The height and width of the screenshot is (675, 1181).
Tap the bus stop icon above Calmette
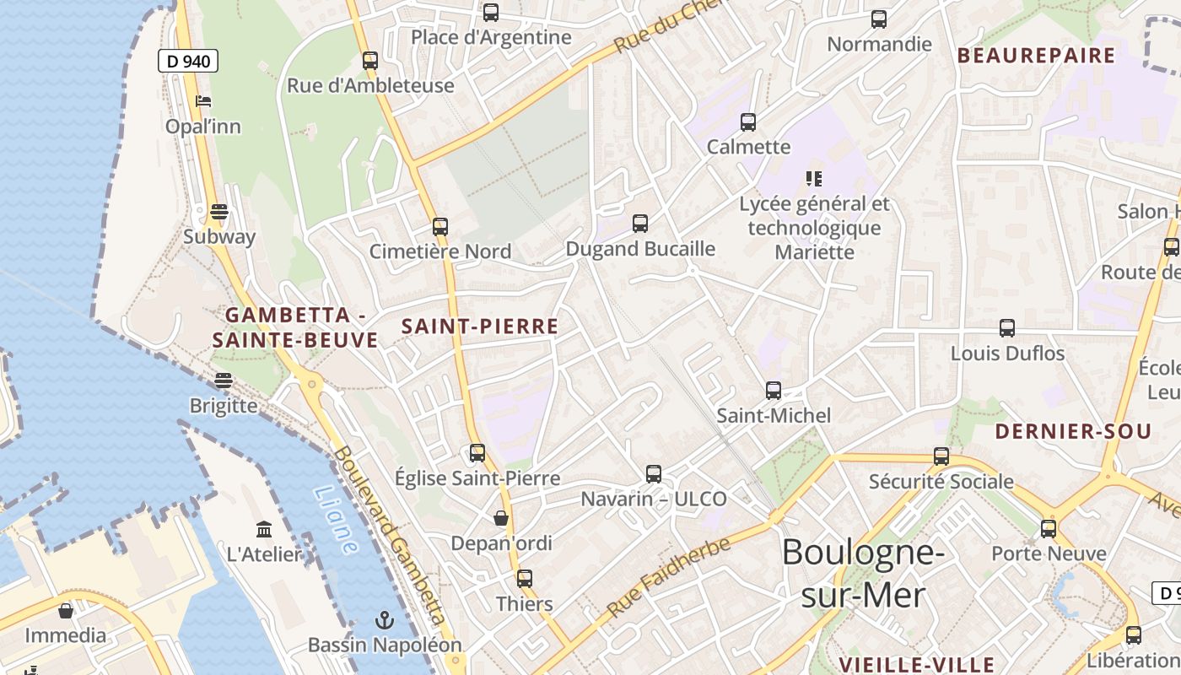747,122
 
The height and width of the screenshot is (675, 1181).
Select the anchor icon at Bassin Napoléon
385,621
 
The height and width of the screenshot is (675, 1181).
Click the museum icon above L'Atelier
264,530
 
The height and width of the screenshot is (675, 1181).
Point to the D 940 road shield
188,61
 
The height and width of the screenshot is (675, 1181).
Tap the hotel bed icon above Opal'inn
203,102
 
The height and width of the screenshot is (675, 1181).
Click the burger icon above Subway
219,212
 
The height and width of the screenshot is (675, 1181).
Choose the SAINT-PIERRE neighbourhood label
480,327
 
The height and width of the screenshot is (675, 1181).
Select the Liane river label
335,520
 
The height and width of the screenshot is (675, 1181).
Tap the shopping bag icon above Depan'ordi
501,517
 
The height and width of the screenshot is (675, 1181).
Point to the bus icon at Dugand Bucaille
640,224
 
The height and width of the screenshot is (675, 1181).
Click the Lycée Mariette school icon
814,179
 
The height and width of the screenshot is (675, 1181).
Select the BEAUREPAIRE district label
1037,56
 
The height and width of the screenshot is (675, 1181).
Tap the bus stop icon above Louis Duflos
1007,328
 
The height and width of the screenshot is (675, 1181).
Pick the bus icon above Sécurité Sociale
941,456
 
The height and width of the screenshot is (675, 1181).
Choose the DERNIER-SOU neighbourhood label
1073,432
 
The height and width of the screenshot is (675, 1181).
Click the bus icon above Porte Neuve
1049,529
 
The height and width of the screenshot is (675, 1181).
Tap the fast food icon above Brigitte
223,381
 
